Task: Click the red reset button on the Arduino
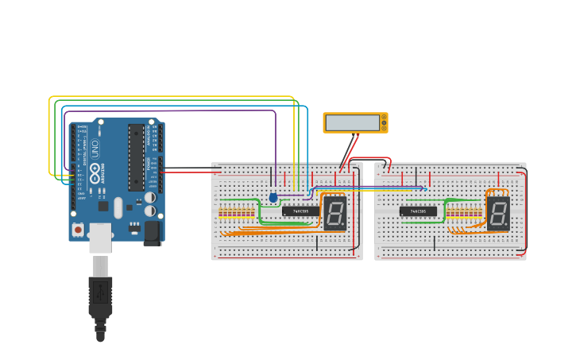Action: point(78,230)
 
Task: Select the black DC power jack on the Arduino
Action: point(150,230)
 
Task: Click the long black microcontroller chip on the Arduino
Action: point(136,157)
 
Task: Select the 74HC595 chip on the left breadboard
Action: point(300,211)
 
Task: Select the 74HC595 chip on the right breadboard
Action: point(418,211)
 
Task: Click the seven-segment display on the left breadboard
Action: point(334,213)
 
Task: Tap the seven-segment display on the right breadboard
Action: point(498,213)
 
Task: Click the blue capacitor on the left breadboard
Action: point(273,197)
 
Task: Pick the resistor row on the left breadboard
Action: point(237,212)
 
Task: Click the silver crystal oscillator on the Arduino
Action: point(118,207)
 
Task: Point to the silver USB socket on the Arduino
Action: point(100,238)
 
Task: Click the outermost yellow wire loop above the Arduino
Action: point(171,97)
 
